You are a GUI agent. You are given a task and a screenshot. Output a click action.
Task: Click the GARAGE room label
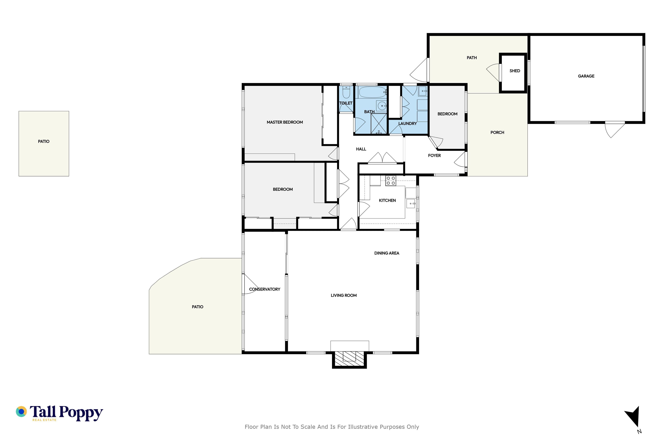pos(586,76)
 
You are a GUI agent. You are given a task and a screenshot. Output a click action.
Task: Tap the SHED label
pos(515,71)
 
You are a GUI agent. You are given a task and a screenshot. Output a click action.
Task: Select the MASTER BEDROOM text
pos(285,122)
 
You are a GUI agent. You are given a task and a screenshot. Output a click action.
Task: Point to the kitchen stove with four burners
pos(391,181)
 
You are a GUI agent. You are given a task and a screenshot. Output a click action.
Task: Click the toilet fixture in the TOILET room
pos(346,92)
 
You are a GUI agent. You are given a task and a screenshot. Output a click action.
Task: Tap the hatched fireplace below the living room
pos(349,359)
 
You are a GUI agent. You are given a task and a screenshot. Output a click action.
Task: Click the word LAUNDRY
pos(407,123)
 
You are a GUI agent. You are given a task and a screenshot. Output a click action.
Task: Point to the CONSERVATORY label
pos(265,289)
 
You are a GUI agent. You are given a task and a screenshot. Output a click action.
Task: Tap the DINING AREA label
pos(386,253)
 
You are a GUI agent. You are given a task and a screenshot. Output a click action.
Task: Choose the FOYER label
pos(434,155)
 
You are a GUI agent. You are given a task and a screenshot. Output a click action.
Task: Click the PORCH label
pos(497,132)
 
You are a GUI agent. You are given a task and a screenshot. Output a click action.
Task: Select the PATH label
pos(472,58)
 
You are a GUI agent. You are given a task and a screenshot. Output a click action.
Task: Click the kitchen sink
pos(411,203)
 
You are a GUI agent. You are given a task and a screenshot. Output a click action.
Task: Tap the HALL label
pos(361,149)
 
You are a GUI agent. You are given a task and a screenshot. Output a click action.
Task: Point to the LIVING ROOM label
pos(344,295)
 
